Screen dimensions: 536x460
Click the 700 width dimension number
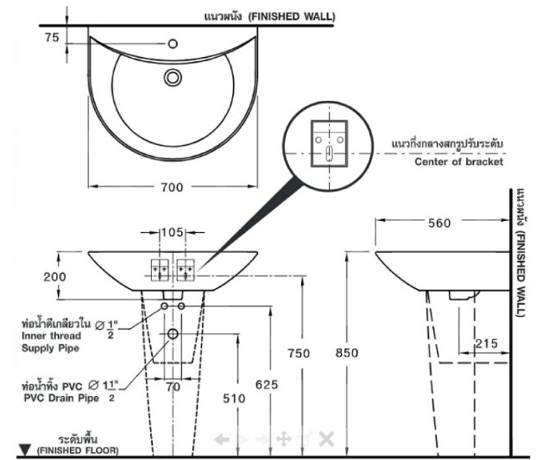point(172,187)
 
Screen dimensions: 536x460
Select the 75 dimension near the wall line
point(52,37)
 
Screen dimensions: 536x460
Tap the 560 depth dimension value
point(439,224)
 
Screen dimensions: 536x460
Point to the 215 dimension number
point(487,343)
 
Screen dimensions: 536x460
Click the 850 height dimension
point(347,353)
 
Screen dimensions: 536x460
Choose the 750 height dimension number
point(299,353)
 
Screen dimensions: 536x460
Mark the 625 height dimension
point(267,385)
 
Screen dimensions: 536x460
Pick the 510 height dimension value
point(234,399)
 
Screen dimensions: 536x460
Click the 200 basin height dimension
point(54,276)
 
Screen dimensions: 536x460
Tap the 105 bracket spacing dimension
point(173,232)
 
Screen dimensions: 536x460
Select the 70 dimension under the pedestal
point(173,387)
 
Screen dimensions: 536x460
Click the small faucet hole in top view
point(173,44)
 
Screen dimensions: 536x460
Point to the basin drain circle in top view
point(173,77)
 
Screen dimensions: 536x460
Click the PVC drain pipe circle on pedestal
point(173,334)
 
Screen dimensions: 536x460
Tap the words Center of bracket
point(458,161)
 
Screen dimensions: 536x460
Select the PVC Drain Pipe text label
point(61,398)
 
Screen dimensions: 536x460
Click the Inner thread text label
point(51,336)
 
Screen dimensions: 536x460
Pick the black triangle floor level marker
point(25,450)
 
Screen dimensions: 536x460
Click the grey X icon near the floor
point(326,438)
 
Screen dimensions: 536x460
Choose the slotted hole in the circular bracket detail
point(329,154)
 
